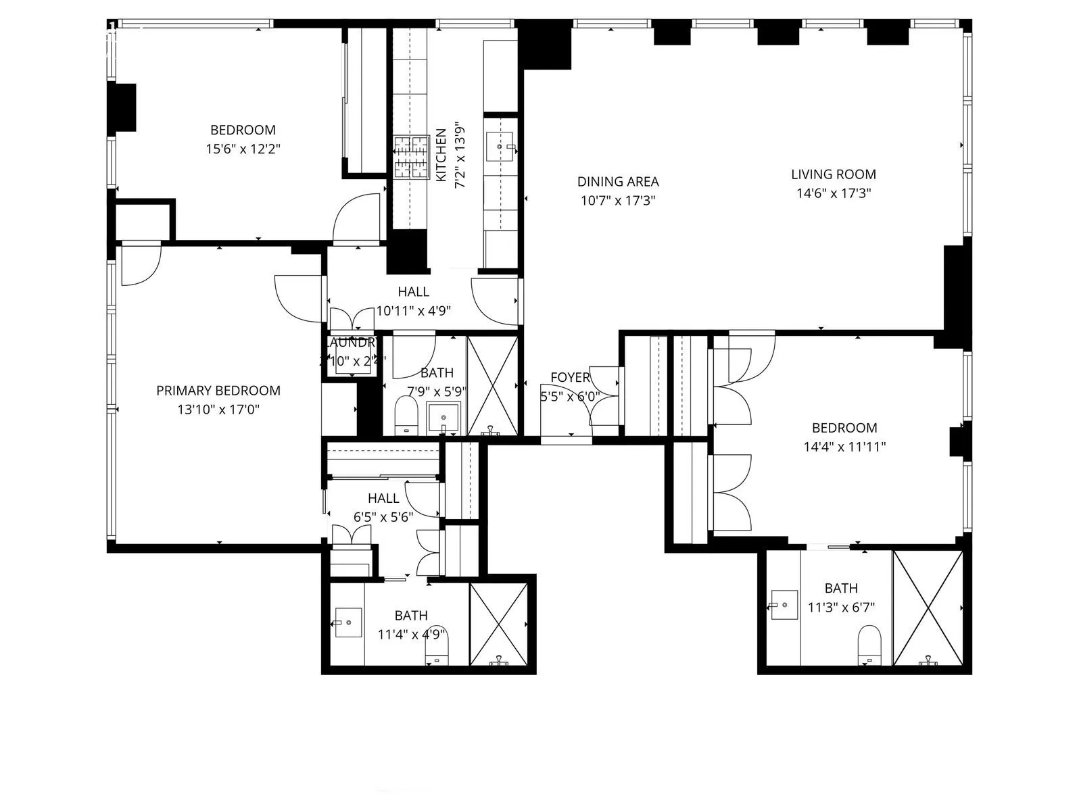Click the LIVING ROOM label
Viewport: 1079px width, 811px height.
pos(833,174)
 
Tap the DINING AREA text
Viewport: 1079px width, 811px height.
pos(617,181)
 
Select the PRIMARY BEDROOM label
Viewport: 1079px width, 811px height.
pos(218,391)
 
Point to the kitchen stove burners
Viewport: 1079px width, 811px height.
pos(412,157)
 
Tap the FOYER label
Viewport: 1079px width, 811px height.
pos(570,377)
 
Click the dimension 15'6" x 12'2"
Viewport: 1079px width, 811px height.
pos(243,149)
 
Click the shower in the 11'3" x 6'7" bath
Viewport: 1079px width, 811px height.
pos(928,608)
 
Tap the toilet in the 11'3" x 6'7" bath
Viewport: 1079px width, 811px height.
pos(869,643)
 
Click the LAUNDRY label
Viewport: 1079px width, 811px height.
pos(350,343)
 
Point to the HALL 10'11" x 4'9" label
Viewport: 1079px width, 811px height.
pos(413,292)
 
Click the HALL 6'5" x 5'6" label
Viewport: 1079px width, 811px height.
pos(383,498)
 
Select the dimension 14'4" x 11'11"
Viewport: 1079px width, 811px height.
pos(844,447)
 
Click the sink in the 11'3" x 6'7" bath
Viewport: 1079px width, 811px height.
pos(785,604)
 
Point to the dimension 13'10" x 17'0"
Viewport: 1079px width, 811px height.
pos(218,410)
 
